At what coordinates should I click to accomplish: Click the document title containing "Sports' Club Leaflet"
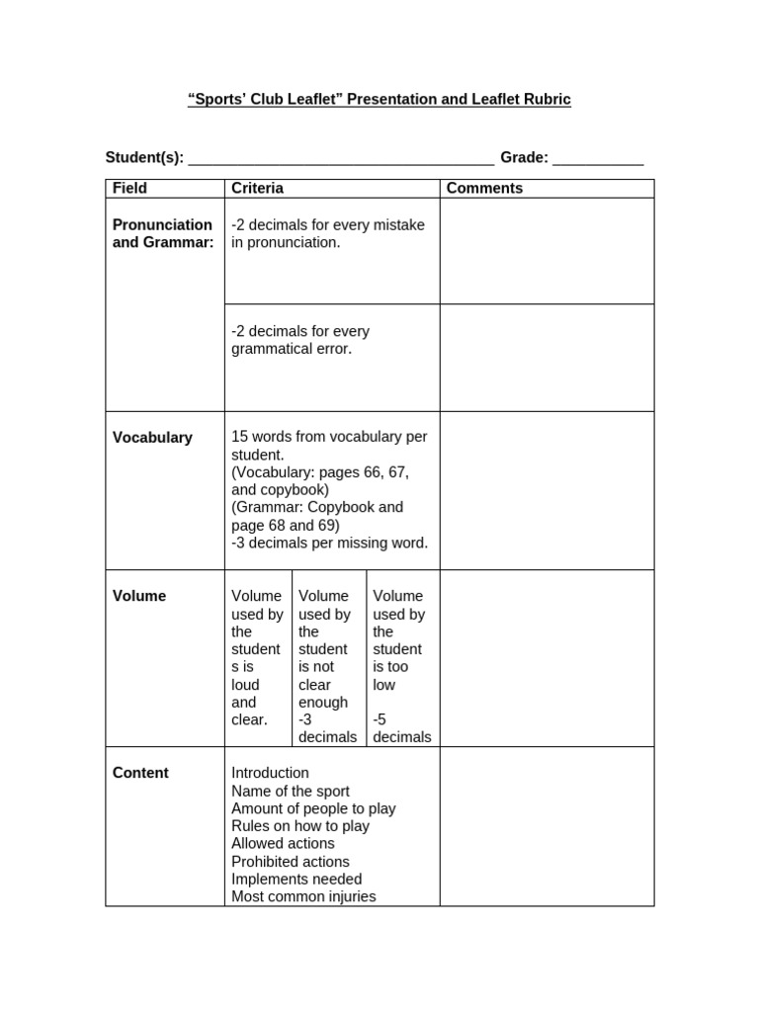(379, 100)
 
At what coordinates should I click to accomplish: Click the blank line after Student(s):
(340, 159)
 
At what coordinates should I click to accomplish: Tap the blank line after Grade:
(598, 159)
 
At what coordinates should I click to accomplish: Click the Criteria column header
(257, 188)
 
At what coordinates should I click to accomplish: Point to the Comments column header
(484, 188)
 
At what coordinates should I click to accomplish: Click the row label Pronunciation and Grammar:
(162, 233)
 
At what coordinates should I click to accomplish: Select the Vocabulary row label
(152, 438)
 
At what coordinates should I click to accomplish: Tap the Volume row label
(139, 596)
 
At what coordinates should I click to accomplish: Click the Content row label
(140, 773)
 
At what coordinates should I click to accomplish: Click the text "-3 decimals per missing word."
(329, 543)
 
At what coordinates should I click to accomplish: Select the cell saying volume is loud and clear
(257, 657)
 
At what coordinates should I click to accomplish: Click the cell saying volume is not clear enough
(328, 666)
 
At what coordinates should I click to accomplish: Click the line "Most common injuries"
(303, 896)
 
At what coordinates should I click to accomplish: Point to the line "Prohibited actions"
(290, 862)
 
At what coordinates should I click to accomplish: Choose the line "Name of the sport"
(290, 791)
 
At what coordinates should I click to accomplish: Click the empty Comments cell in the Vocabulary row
(547, 490)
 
